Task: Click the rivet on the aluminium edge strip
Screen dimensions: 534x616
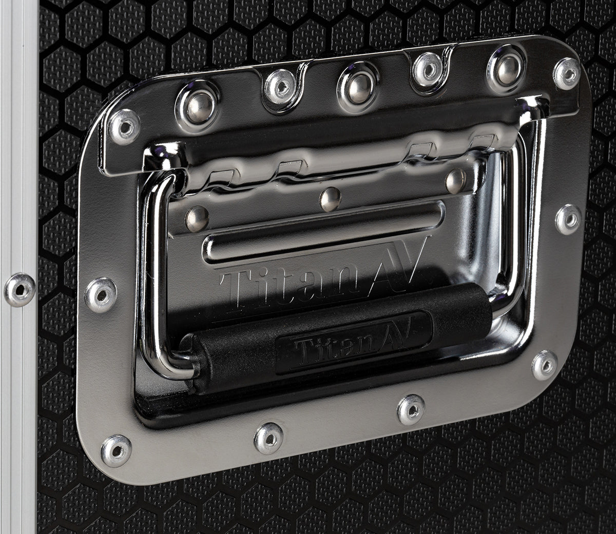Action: point(20,290)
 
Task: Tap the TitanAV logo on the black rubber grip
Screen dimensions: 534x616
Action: point(353,341)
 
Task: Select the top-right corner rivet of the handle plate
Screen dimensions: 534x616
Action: point(567,73)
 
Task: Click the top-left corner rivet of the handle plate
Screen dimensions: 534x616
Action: point(124,126)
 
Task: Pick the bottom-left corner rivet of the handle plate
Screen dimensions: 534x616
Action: point(116,450)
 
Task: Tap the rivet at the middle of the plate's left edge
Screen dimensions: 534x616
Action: point(101,295)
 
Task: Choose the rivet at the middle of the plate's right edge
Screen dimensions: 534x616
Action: point(568,219)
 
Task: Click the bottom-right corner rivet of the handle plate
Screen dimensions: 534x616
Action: point(544,365)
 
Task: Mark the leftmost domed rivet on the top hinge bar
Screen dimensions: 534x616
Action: point(198,106)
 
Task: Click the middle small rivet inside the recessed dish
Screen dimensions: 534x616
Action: point(330,199)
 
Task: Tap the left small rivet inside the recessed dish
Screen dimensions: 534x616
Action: point(197,219)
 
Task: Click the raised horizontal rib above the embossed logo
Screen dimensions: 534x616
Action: point(323,234)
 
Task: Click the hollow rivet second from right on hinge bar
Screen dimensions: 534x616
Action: point(427,69)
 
